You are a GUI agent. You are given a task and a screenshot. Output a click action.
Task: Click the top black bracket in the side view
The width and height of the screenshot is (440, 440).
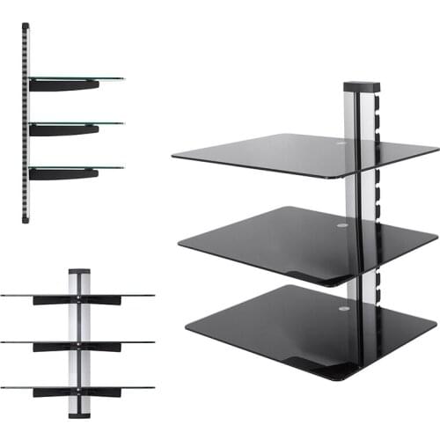coord(62,85)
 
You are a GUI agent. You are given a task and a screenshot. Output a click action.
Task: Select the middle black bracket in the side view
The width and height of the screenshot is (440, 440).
coord(62,129)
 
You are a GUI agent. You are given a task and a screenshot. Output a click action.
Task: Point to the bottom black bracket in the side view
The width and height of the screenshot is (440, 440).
coord(62,173)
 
